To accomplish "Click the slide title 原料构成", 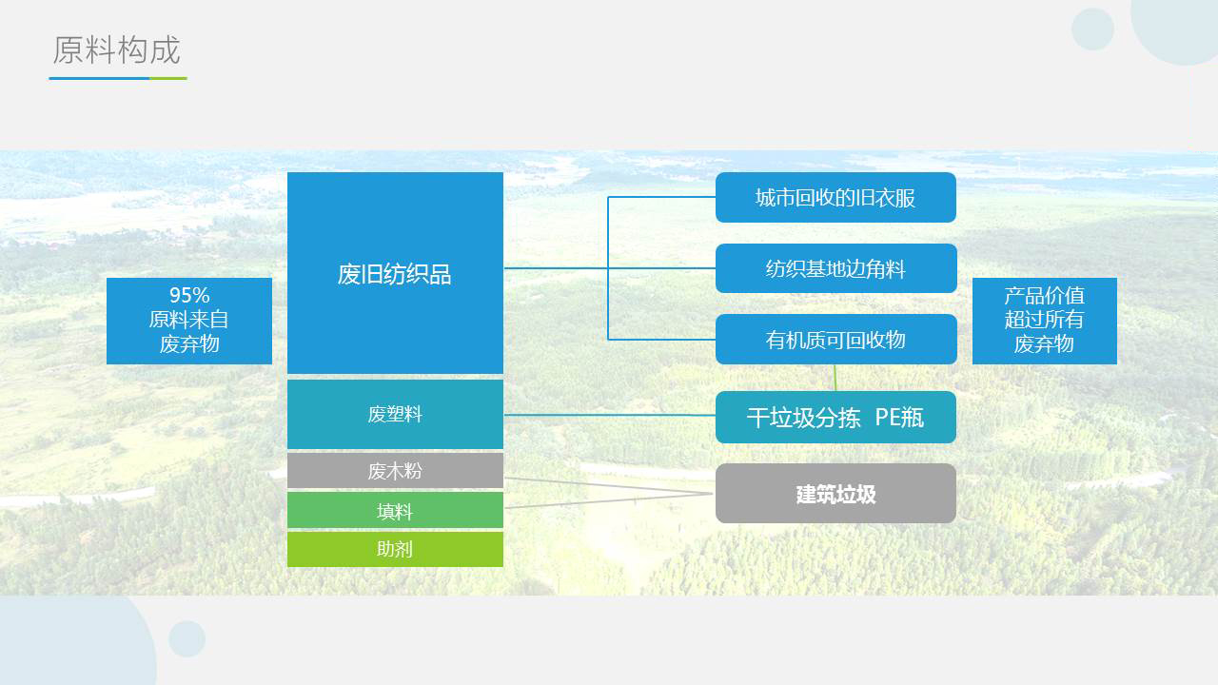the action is [116, 50].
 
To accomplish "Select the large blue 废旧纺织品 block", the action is [395, 273].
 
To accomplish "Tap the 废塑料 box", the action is [395, 414].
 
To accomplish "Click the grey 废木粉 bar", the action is [395, 470].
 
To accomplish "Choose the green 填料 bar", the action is [395, 510].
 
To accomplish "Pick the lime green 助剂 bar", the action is [395, 549].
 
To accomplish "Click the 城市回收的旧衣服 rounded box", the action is [835, 197].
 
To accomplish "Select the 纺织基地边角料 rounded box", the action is [835, 268].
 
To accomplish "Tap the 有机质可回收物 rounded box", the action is [835, 340].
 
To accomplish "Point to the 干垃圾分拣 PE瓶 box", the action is [835, 417].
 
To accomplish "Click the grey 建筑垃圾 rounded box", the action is [835, 494].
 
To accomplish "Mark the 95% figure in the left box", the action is [189, 295].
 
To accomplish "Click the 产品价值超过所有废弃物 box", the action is [1045, 321].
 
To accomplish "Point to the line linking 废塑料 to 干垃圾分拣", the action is [610, 415].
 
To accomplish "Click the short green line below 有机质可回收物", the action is [835, 378].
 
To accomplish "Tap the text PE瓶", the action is [899, 418].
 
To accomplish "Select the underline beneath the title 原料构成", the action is [118, 78].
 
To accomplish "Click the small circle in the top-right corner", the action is [1092, 29].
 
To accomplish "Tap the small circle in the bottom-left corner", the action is [187, 638].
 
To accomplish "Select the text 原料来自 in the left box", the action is [188, 319].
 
